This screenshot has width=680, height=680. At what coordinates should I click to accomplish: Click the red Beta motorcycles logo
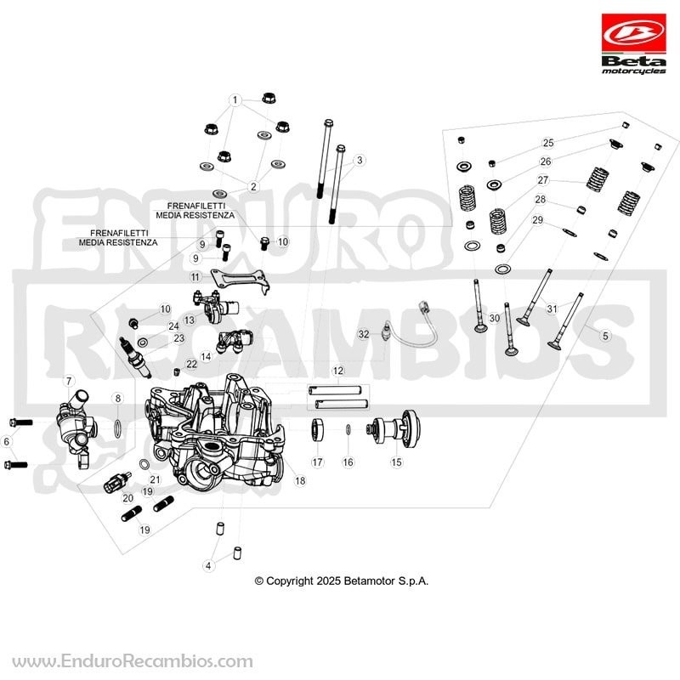coord(633,44)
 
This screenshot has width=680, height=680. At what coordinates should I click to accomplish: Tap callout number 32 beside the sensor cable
coord(364,334)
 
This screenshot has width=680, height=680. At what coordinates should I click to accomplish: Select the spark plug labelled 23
coord(135,357)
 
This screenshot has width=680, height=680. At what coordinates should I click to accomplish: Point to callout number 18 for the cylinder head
coord(300,480)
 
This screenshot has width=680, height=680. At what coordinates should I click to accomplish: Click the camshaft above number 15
coord(394,428)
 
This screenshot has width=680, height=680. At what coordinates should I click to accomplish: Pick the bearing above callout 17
coord(317,430)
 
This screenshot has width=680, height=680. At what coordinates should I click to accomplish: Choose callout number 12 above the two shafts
coord(337,371)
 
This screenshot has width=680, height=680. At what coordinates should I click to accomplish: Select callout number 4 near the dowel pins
coord(208,565)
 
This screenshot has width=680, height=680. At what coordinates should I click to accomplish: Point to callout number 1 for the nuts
coord(235,100)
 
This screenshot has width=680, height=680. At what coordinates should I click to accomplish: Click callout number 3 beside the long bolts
coord(359,160)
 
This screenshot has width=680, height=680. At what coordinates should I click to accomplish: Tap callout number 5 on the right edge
coord(605,335)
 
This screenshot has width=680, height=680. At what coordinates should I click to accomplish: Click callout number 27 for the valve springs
coord(543,179)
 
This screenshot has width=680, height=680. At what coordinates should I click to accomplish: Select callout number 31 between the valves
coord(552,309)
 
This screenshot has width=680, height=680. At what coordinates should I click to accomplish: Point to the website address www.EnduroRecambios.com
coord(133,661)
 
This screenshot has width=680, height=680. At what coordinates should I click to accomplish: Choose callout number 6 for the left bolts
coord(6,441)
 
